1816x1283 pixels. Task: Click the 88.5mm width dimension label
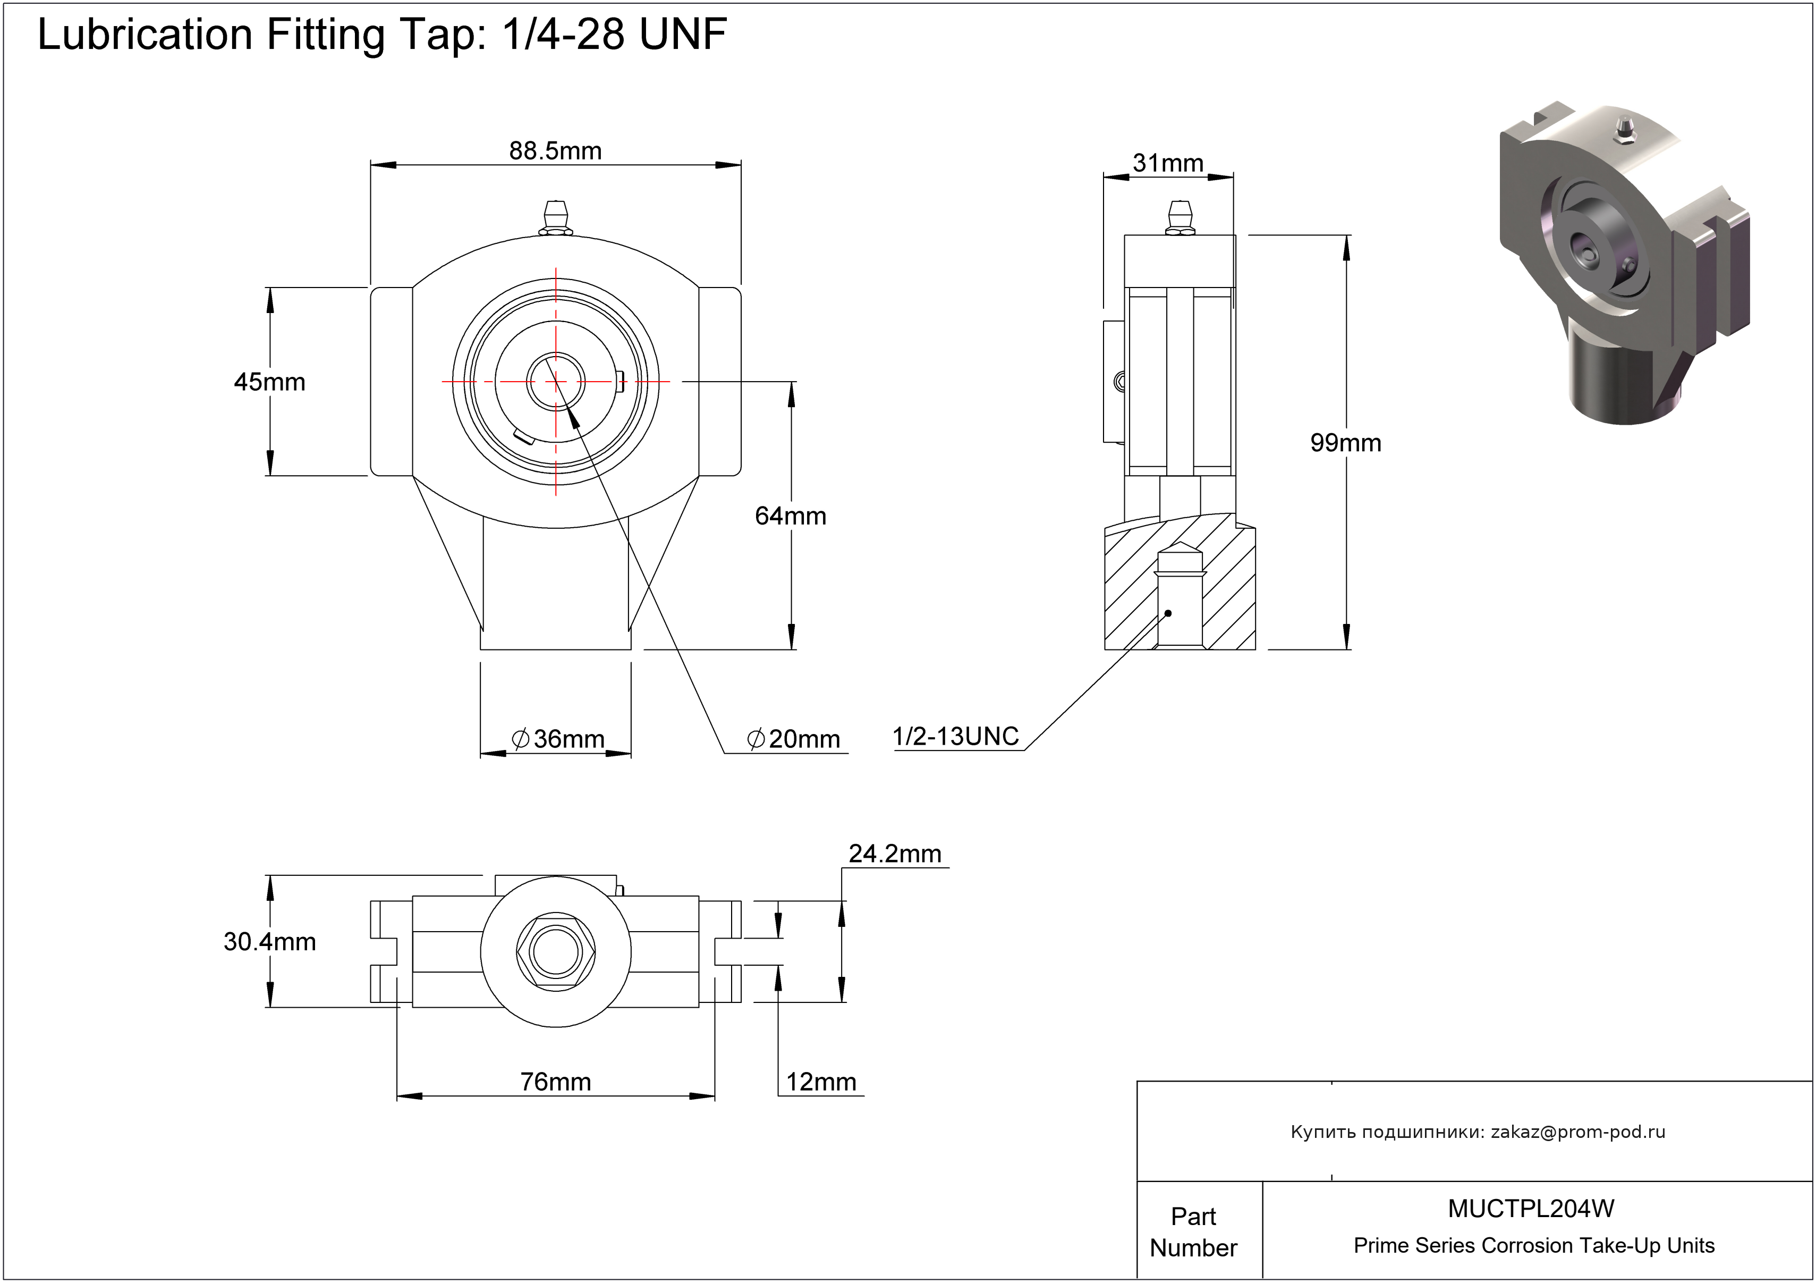coord(555,150)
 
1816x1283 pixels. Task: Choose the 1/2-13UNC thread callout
coord(955,737)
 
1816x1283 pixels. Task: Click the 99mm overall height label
coord(1345,442)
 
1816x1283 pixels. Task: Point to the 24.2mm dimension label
coord(895,854)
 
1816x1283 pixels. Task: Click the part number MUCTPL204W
coord(1531,1209)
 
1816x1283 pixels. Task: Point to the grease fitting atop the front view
coord(555,218)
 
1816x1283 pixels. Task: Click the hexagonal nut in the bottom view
coord(555,952)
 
